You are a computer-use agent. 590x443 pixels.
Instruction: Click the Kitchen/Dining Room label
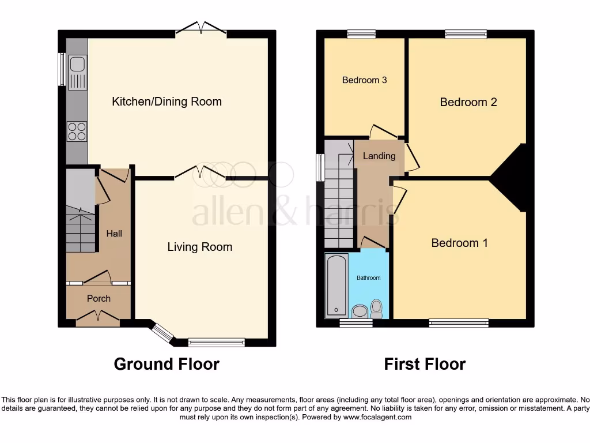[x=167, y=102]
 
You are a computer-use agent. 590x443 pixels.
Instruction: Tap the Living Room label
[x=199, y=247]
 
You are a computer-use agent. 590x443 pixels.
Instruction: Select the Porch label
[x=99, y=298]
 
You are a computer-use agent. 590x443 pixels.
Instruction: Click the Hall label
[x=114, y=234]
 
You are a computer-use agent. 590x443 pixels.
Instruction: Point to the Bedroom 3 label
[x=364, y=80]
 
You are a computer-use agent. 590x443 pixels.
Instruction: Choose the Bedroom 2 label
[x=468, y=102]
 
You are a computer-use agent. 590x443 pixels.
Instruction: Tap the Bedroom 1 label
[x=459, y=243]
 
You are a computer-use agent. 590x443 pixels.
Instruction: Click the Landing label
[x=379, y=156]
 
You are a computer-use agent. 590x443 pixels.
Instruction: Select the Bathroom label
[x=368, y=278]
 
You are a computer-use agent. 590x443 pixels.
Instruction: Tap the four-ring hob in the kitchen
[x=77, y=132]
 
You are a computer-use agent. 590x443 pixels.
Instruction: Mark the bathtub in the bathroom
[x=335, y=286]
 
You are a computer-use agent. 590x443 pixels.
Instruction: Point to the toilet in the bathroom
[x=377, y=309]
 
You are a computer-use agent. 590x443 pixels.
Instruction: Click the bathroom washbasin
[x=360, y=312]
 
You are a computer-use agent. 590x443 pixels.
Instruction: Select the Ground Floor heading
[x=167, y=364]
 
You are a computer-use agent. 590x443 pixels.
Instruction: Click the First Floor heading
[x=425, y=364]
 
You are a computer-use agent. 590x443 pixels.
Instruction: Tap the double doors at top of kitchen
[x=201, y=29]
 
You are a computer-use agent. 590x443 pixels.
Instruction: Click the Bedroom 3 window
[x=361, y=34]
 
